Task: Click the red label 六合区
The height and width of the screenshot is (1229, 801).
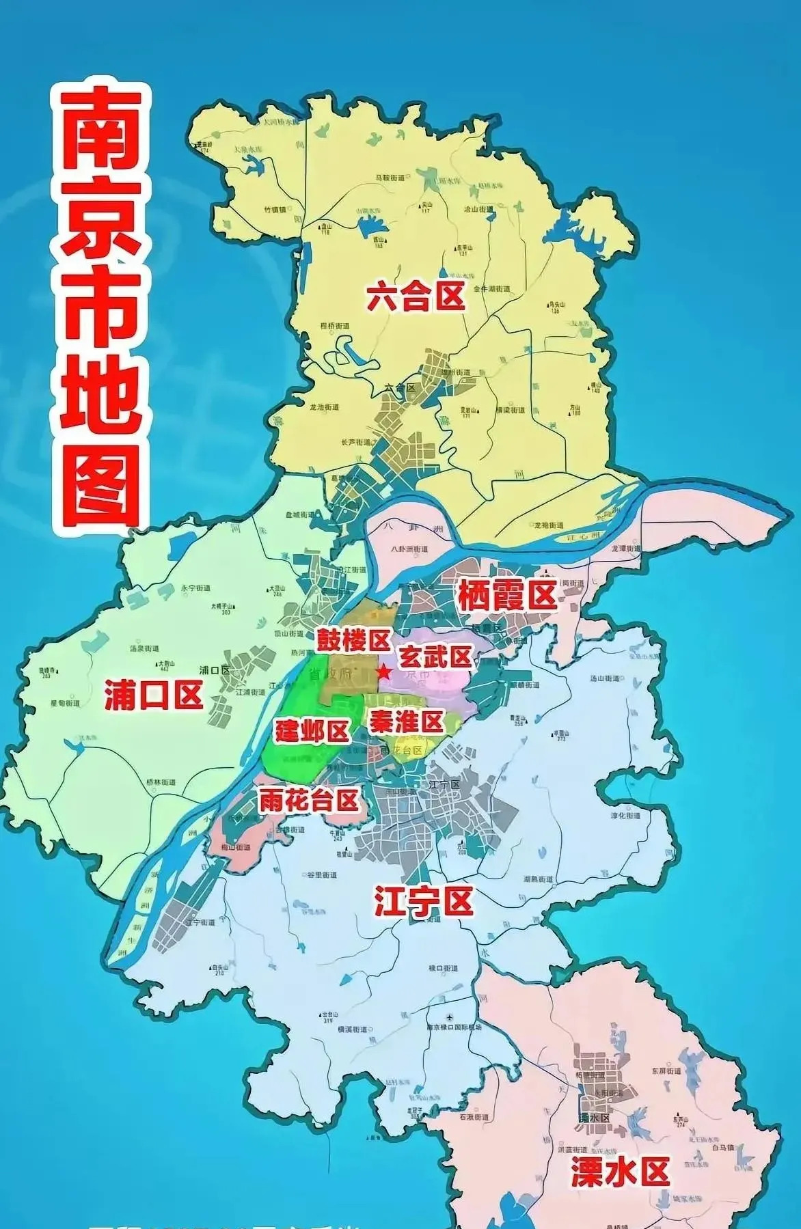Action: [x=415, y=297]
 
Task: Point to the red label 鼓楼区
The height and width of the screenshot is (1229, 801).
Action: [x=351, y=640]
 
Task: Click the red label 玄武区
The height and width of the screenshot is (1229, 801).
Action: [x=435, y=657]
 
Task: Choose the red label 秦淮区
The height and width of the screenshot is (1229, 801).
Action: [x=406, y=721]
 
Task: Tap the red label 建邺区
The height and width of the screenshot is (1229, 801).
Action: [x=312, y=731]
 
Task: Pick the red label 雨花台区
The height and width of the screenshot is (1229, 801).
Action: [x=308, y=800]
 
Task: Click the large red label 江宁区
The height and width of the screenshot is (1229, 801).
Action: [x=423, y=902]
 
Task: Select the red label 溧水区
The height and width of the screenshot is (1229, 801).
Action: [x=619, y=1172]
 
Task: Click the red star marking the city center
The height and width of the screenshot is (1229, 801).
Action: [x=384, y=672]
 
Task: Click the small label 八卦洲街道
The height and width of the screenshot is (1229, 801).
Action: [x=409, y=549]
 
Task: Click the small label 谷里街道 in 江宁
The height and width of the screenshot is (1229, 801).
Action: [x=321, y=875]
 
